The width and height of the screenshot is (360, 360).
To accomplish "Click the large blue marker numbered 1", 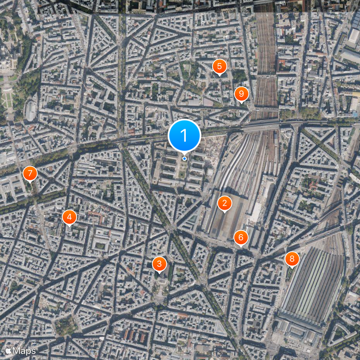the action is click(x=184, y=135).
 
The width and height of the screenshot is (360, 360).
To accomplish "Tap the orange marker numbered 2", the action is click(x=224, y=203).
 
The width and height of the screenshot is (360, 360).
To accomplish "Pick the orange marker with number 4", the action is click(x=69, y=217).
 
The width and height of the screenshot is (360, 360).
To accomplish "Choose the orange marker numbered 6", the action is click(x=241, y=237).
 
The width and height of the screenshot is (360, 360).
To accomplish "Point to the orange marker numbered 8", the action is click(x=292, y=259).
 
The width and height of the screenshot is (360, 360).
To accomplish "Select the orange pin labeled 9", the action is click(x=242, y=94).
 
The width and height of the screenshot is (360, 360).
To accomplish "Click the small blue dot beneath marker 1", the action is click(x=184, y=158).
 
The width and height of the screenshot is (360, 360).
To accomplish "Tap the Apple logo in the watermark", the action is click(x=8, y=350).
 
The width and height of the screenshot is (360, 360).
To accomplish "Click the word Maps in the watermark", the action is click(x=23, y=350).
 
